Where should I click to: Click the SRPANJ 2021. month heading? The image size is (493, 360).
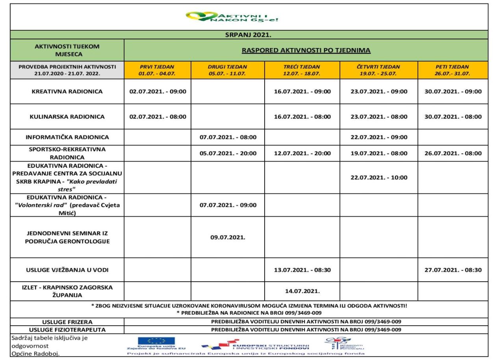coord(249,35)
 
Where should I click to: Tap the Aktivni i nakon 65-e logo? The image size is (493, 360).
coord(234,17)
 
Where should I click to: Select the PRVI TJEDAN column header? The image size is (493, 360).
coord(158,70)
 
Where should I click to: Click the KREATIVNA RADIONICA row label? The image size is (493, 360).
coord(67,91)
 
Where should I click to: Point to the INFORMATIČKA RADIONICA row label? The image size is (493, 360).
coord(67,137)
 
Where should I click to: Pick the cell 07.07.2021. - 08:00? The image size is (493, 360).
coord(228,137)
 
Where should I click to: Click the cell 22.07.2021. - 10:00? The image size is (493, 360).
coord(379,177)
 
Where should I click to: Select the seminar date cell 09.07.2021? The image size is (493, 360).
coord(228,238)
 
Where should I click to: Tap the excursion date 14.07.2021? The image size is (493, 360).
coord(302,291)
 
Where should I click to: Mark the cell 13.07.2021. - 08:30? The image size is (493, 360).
coord(302,270)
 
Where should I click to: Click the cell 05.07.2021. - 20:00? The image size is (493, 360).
coord(228,153)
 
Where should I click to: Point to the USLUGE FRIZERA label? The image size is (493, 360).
coord(67,322)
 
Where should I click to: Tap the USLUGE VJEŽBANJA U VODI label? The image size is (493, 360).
coord(67,270)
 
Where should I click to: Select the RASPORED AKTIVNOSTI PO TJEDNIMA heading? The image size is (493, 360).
coord(306,50)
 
